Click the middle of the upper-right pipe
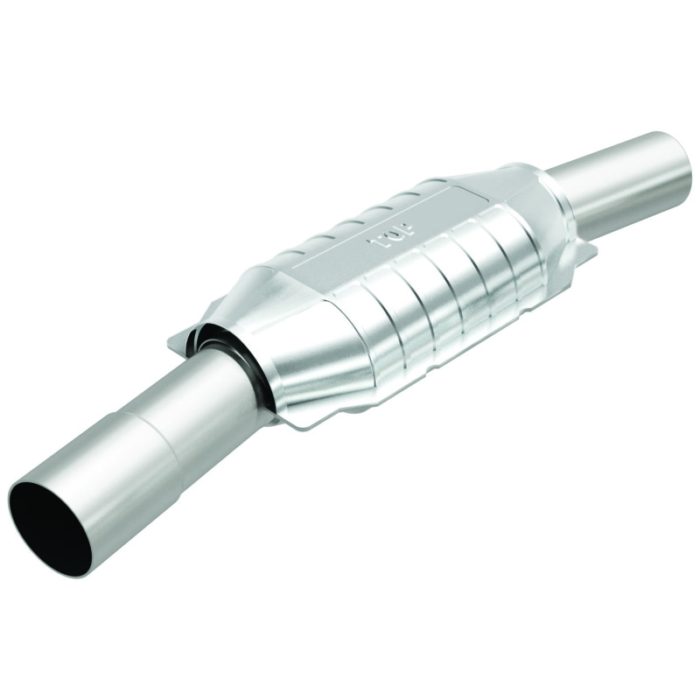coord(612,179)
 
